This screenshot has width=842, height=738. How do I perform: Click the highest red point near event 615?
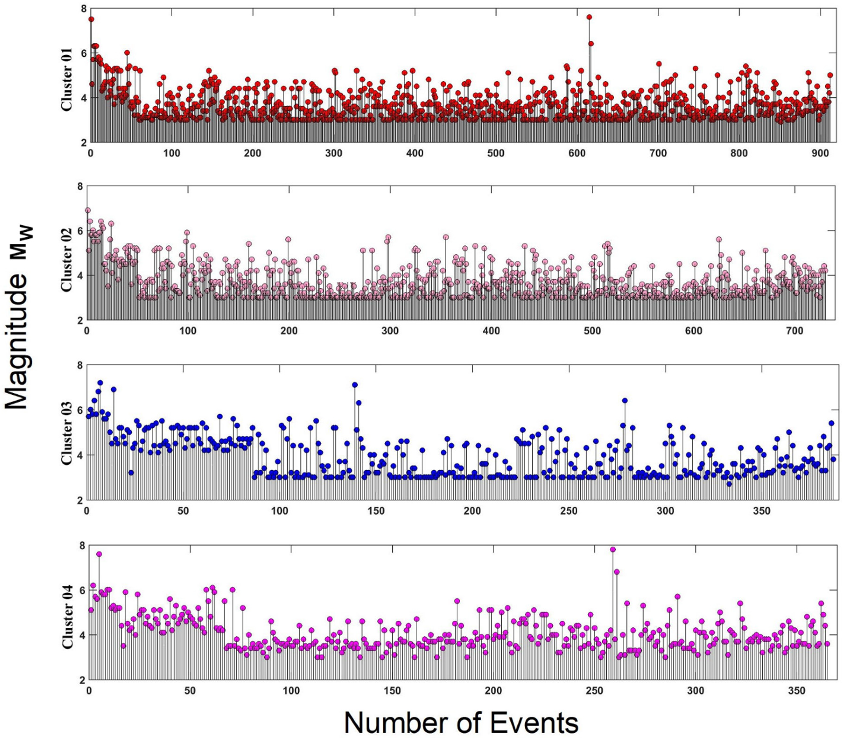(x=589, y=17)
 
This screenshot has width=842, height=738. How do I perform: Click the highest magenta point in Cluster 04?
(x=613, y=549)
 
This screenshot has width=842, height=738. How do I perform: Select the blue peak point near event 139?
(x=354, y=385)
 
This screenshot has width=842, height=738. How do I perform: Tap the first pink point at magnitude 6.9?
(x=87, y=210)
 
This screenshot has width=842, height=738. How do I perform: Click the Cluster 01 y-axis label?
(x=67, y=80)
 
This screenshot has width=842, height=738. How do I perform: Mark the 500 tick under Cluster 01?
(x=496, y=154)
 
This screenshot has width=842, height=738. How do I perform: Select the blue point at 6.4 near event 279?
(x=625, y=400)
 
